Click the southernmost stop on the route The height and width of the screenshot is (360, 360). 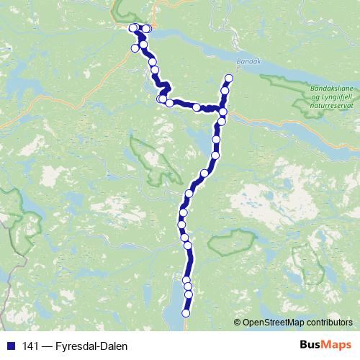click(186, 313)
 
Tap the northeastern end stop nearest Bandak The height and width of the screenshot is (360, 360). click(229, 78)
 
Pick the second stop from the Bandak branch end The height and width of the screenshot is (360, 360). click(225, 91)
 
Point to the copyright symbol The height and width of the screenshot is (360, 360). click(238, 322)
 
